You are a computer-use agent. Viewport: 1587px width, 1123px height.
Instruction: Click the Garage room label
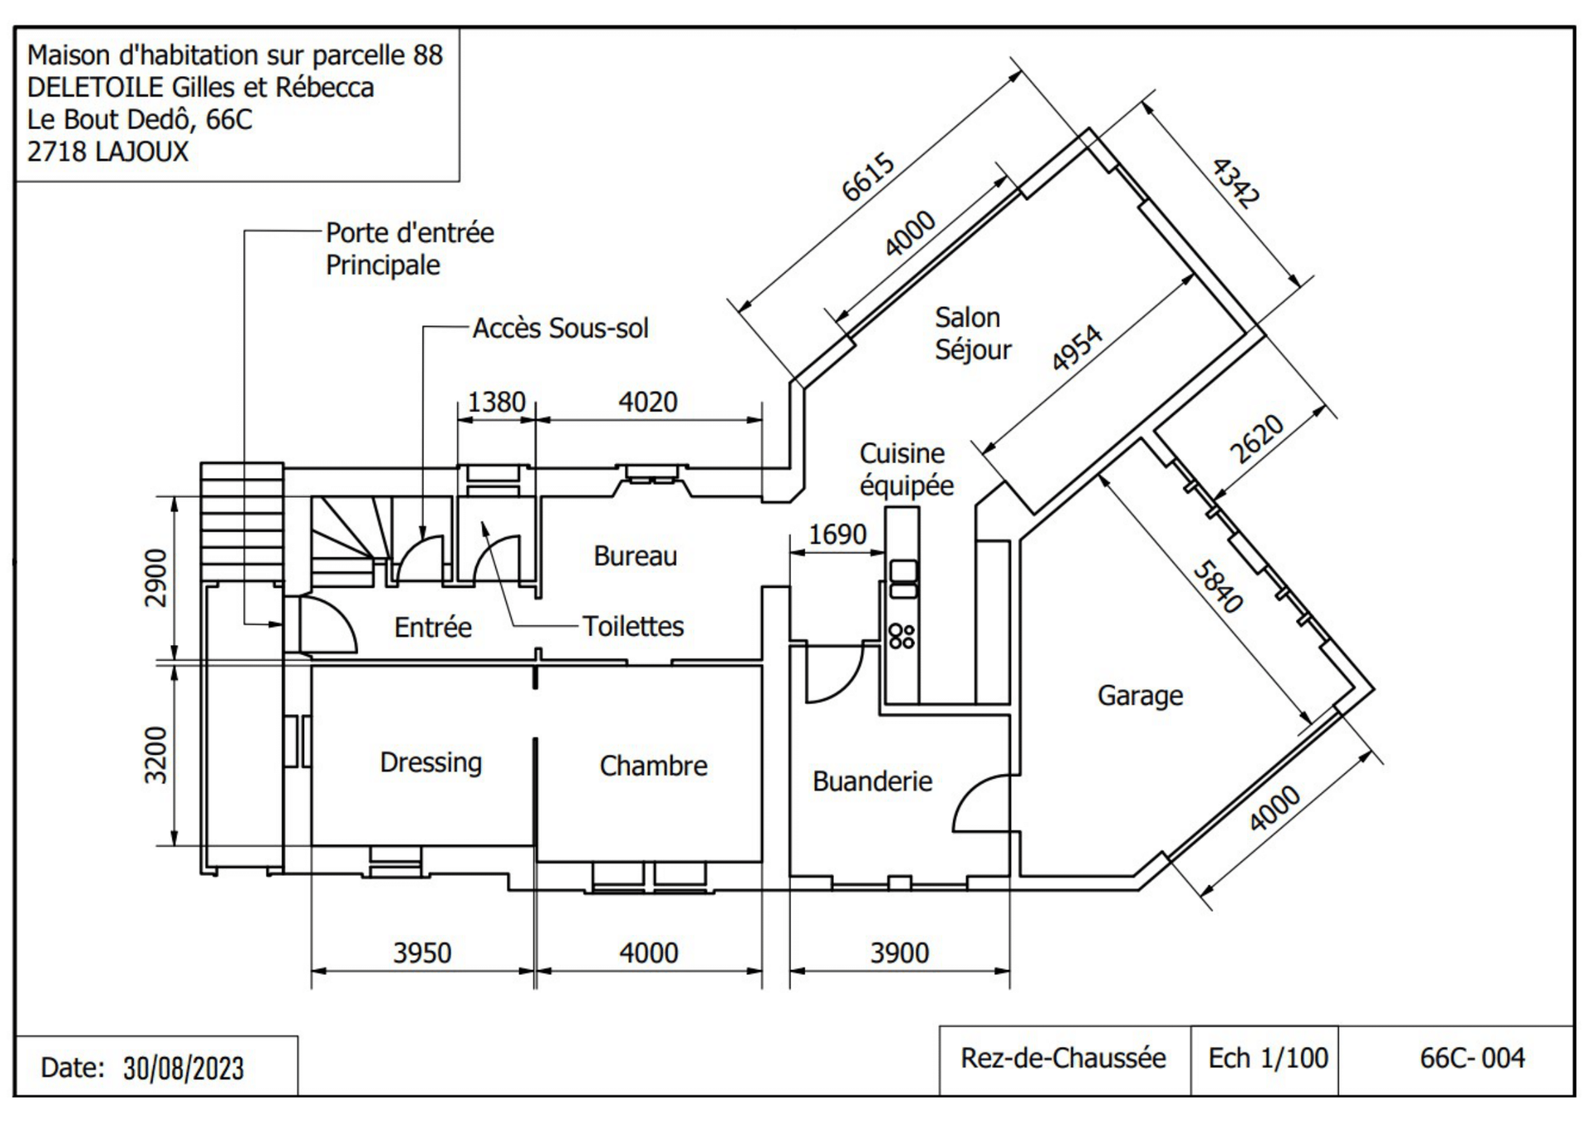1140,696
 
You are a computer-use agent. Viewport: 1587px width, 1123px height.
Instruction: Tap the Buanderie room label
872,781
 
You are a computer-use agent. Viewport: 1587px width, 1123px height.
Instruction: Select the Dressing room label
431,762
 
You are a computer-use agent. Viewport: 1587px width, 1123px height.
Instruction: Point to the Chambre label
653,766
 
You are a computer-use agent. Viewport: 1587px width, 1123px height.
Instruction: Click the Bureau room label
635,556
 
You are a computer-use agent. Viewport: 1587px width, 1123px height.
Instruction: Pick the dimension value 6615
868,176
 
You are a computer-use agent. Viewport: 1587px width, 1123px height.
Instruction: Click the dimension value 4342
1236,183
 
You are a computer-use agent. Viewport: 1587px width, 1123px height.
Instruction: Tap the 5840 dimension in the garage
1218,587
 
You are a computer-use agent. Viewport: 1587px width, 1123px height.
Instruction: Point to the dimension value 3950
422,953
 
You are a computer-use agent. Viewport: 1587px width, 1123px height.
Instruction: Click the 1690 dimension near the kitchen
837,534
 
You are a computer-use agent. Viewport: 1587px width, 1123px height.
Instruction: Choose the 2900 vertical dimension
155,577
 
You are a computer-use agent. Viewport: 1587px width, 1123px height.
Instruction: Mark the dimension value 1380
497,402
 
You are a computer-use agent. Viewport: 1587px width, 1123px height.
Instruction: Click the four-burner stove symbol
902,636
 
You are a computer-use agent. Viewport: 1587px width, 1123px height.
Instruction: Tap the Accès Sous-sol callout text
560,328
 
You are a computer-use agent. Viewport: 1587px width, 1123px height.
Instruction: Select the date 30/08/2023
183,1068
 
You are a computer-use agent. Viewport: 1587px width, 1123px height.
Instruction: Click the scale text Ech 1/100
1268,1058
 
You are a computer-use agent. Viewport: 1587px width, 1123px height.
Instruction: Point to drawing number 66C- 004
1472,1058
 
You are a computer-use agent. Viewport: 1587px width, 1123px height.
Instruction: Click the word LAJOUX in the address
141,151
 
